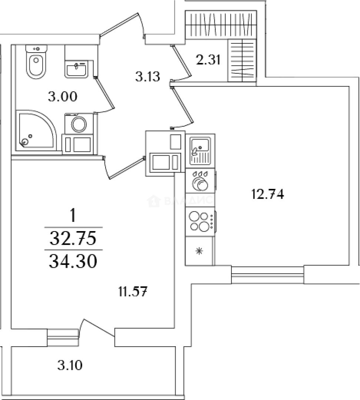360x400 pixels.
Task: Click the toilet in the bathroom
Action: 36,63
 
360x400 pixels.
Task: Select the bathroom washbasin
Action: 77,69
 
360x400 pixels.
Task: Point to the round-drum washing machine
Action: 78,124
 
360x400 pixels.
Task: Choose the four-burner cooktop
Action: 200,221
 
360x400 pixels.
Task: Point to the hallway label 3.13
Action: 147,77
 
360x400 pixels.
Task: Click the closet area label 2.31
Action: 209,59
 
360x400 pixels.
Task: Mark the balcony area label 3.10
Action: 70,366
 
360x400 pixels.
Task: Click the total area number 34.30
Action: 73,261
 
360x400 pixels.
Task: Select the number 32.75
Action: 73,237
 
